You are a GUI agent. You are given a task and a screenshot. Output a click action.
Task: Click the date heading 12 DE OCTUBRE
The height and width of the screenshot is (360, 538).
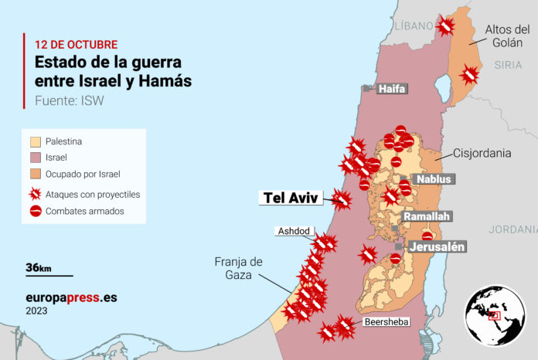[77, 44]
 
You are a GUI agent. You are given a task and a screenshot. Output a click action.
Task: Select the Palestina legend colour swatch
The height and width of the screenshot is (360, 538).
[36, 141]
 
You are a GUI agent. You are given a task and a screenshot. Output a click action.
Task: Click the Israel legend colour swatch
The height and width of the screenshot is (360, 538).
[36, 158]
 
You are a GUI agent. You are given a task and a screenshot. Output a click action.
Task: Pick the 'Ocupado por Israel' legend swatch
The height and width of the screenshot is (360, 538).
[36, 174]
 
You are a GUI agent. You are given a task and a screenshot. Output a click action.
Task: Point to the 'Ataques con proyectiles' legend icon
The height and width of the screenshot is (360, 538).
[36, 194]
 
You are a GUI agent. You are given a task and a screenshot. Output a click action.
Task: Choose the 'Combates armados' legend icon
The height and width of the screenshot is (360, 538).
[36, 210]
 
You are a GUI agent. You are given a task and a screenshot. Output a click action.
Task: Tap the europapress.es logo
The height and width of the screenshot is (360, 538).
[71, 297]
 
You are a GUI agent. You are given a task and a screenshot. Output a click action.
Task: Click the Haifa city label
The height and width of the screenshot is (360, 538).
[392, 89]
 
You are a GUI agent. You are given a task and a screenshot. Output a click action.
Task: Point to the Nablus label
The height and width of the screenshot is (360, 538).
[432, 179]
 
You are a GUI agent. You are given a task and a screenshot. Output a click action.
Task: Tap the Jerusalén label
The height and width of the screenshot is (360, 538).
[437, 246]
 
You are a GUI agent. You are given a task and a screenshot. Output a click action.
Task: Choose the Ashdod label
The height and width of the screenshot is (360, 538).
[294, 231]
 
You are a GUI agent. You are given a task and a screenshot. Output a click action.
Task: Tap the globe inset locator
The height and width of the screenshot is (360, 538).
[495, 315]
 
